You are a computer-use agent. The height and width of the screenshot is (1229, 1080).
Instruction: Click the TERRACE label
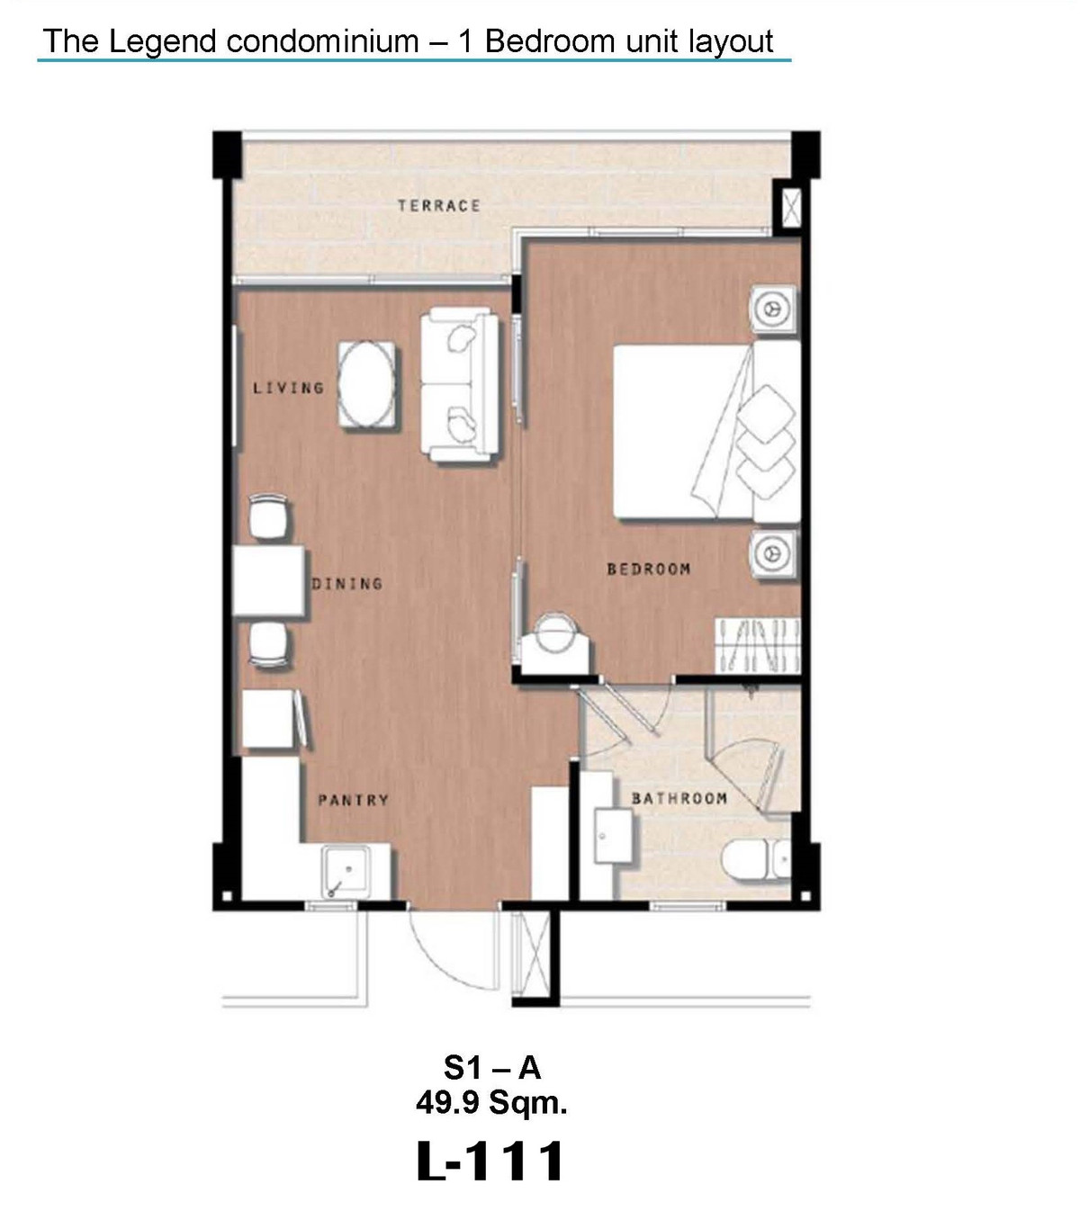[438, 206]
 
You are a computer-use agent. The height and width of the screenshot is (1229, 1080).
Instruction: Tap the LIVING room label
[289, 388]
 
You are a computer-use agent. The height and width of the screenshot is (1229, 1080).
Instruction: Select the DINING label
[347, 584]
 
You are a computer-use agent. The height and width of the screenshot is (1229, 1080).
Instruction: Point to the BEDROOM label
[649, 569]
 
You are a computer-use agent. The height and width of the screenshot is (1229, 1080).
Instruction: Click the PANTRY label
[353, 800]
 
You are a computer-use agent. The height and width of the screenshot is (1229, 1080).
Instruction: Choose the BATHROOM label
[679, 798]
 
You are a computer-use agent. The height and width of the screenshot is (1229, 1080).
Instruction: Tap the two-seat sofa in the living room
[460, 384]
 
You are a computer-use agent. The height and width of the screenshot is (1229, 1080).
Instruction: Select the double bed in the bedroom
[706, 431]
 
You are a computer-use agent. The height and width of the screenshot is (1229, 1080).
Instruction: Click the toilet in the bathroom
[755, 859]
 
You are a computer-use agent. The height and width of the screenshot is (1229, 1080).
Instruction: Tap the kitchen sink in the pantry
[346, 873]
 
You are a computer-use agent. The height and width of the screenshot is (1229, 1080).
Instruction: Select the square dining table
[268, 581]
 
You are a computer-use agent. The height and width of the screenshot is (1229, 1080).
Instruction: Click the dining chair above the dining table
[268, 516]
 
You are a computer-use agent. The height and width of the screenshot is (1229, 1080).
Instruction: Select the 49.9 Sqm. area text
[491, 1103]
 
